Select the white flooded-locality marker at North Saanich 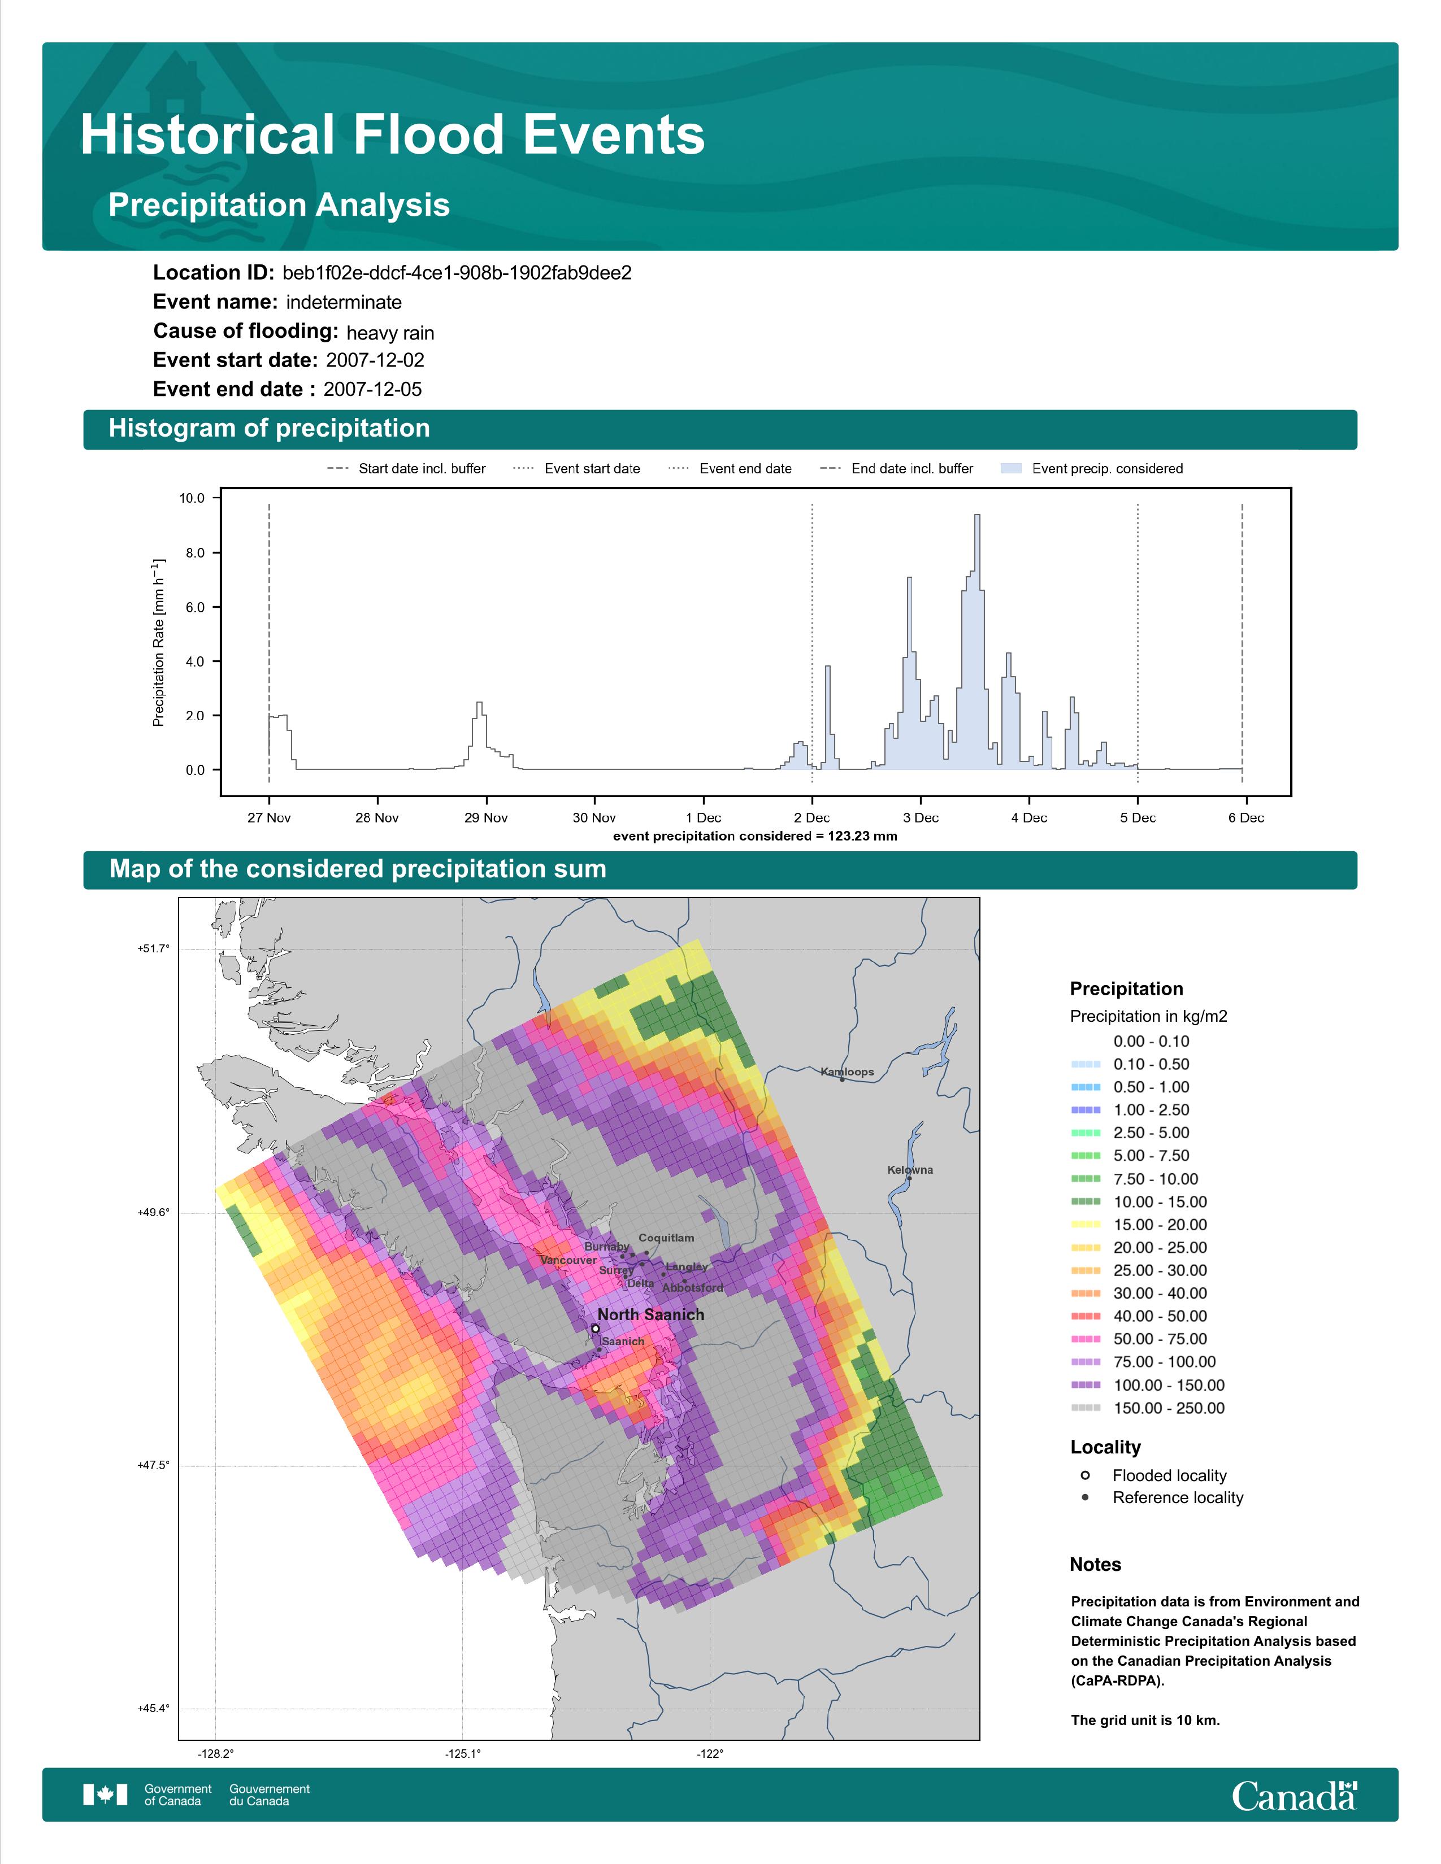point(595,1329)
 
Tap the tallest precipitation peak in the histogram point(976,516)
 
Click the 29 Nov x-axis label point(486,818)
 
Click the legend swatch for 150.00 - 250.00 point(1085,1408)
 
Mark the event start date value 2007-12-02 point(375,360)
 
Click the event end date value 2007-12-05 point(372,389)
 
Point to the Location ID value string point(457,273)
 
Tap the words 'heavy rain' point(390,333)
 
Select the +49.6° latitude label point(154,1212)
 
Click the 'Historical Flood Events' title point(393,135)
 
